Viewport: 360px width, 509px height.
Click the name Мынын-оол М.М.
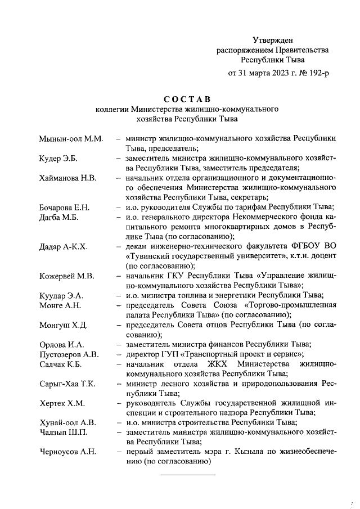point(71,138)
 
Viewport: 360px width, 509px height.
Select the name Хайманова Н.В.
point(68,178)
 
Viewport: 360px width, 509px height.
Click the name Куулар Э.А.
point(61,295)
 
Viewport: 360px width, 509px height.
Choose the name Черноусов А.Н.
point(68,452)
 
